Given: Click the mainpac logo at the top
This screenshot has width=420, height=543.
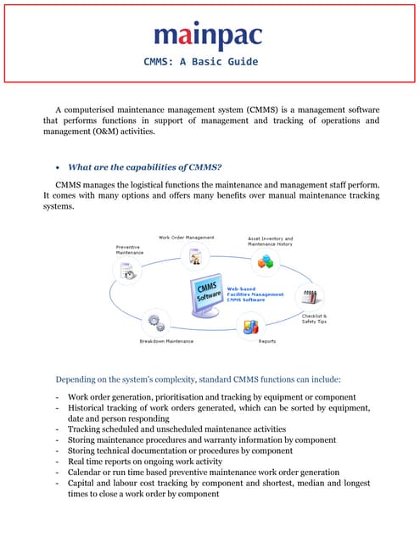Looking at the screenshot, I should pyautogui.click(x=208, y=36).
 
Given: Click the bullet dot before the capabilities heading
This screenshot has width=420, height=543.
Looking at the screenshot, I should pyautogui.click(x=58, y=166).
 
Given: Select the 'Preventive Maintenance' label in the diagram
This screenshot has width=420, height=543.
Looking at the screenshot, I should pyautogui.click(x=130, y=249).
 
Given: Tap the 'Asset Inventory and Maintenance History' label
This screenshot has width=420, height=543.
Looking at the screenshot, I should pyautogui.click(x=271, y=242).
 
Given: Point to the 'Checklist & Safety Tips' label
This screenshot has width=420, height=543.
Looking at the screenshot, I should pyautogui.click(x=314, y=318).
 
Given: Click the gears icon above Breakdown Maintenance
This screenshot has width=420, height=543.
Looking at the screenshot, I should pyautogui.click(x=154, y=322).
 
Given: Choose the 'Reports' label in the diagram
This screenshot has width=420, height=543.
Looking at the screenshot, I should pyautogui.click(x=266, y=341).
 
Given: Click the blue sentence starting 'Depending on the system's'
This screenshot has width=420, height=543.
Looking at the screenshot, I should pyautogui.click(x=198, y=379).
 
